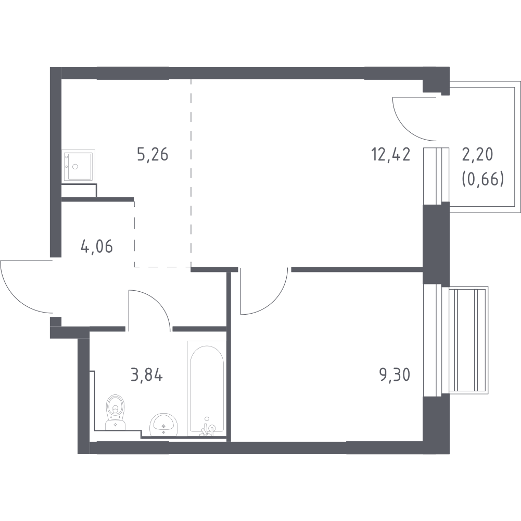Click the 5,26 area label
point(153,155)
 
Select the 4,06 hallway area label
point(97,246)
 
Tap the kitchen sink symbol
point(79,166)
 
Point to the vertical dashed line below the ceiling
point(190,172)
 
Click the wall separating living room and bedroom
point(357,269)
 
